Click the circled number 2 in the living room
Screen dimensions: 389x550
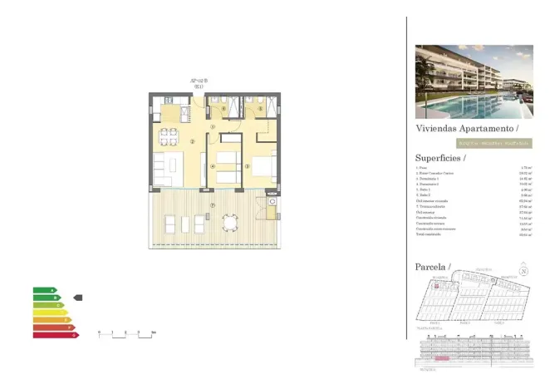coord(193,141)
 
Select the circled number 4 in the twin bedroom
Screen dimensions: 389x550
coord(213,166)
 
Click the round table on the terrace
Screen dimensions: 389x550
coord(229,223)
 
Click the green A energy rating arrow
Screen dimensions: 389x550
coord(45,290)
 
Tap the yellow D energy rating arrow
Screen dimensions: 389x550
coord(50,313)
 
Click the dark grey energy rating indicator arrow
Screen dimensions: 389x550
coord(78,297)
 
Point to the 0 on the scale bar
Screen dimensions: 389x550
coord(99,332)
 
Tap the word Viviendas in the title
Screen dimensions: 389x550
coord(437,129)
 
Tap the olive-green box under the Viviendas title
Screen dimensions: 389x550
coord(471,143)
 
